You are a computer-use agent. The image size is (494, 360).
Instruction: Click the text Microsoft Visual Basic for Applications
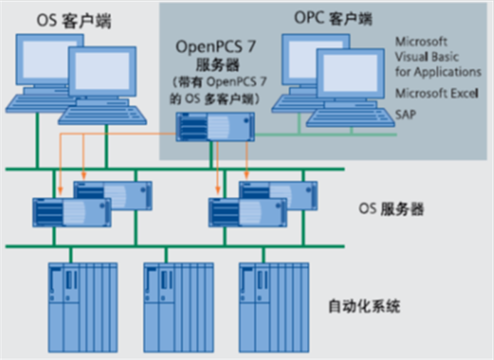[438, 57]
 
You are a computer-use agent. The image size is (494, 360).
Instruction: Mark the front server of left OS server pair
[71, 212]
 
